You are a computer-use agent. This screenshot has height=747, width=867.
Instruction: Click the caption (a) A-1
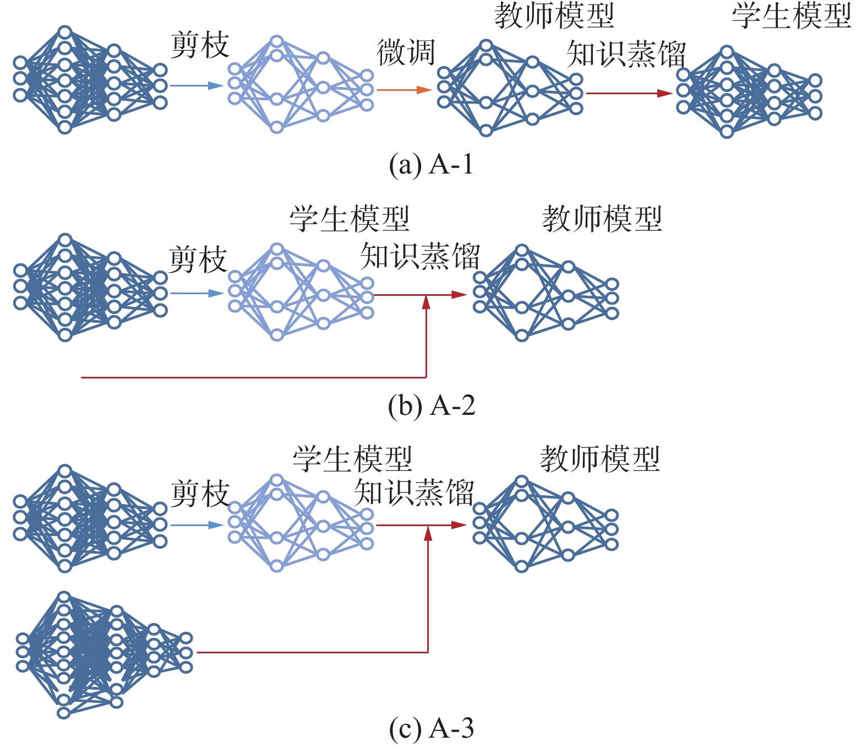[431, 164]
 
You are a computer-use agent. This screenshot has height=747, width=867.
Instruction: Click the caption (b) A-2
[431, 406]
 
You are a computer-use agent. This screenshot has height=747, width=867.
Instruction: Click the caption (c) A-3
[431, 728]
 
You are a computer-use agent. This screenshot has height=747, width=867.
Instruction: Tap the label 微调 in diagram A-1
[406, 53]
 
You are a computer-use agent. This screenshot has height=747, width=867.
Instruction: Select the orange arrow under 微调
[403, 90]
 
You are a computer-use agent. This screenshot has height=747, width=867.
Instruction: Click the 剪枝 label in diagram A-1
[200, 45]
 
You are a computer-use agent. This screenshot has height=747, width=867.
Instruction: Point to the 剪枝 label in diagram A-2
[198, 259]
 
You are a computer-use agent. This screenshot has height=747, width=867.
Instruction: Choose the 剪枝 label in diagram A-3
[200, 494]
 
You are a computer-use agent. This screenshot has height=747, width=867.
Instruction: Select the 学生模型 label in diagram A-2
[350, 219]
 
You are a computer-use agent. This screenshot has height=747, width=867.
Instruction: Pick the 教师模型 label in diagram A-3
[600, 458]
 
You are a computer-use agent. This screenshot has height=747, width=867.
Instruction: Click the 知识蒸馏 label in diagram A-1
[626, 54]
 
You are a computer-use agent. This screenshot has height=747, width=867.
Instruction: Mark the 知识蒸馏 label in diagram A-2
[420, 256]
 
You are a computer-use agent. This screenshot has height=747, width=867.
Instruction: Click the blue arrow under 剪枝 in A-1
[197, 85]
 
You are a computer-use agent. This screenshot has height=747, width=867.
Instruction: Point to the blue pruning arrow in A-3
[197, 525]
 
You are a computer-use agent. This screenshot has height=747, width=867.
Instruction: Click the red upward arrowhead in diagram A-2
[426, 302]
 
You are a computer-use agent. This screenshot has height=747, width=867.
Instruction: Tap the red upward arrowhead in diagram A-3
[428, 533]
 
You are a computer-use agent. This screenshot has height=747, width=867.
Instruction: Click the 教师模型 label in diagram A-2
[602, 219]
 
